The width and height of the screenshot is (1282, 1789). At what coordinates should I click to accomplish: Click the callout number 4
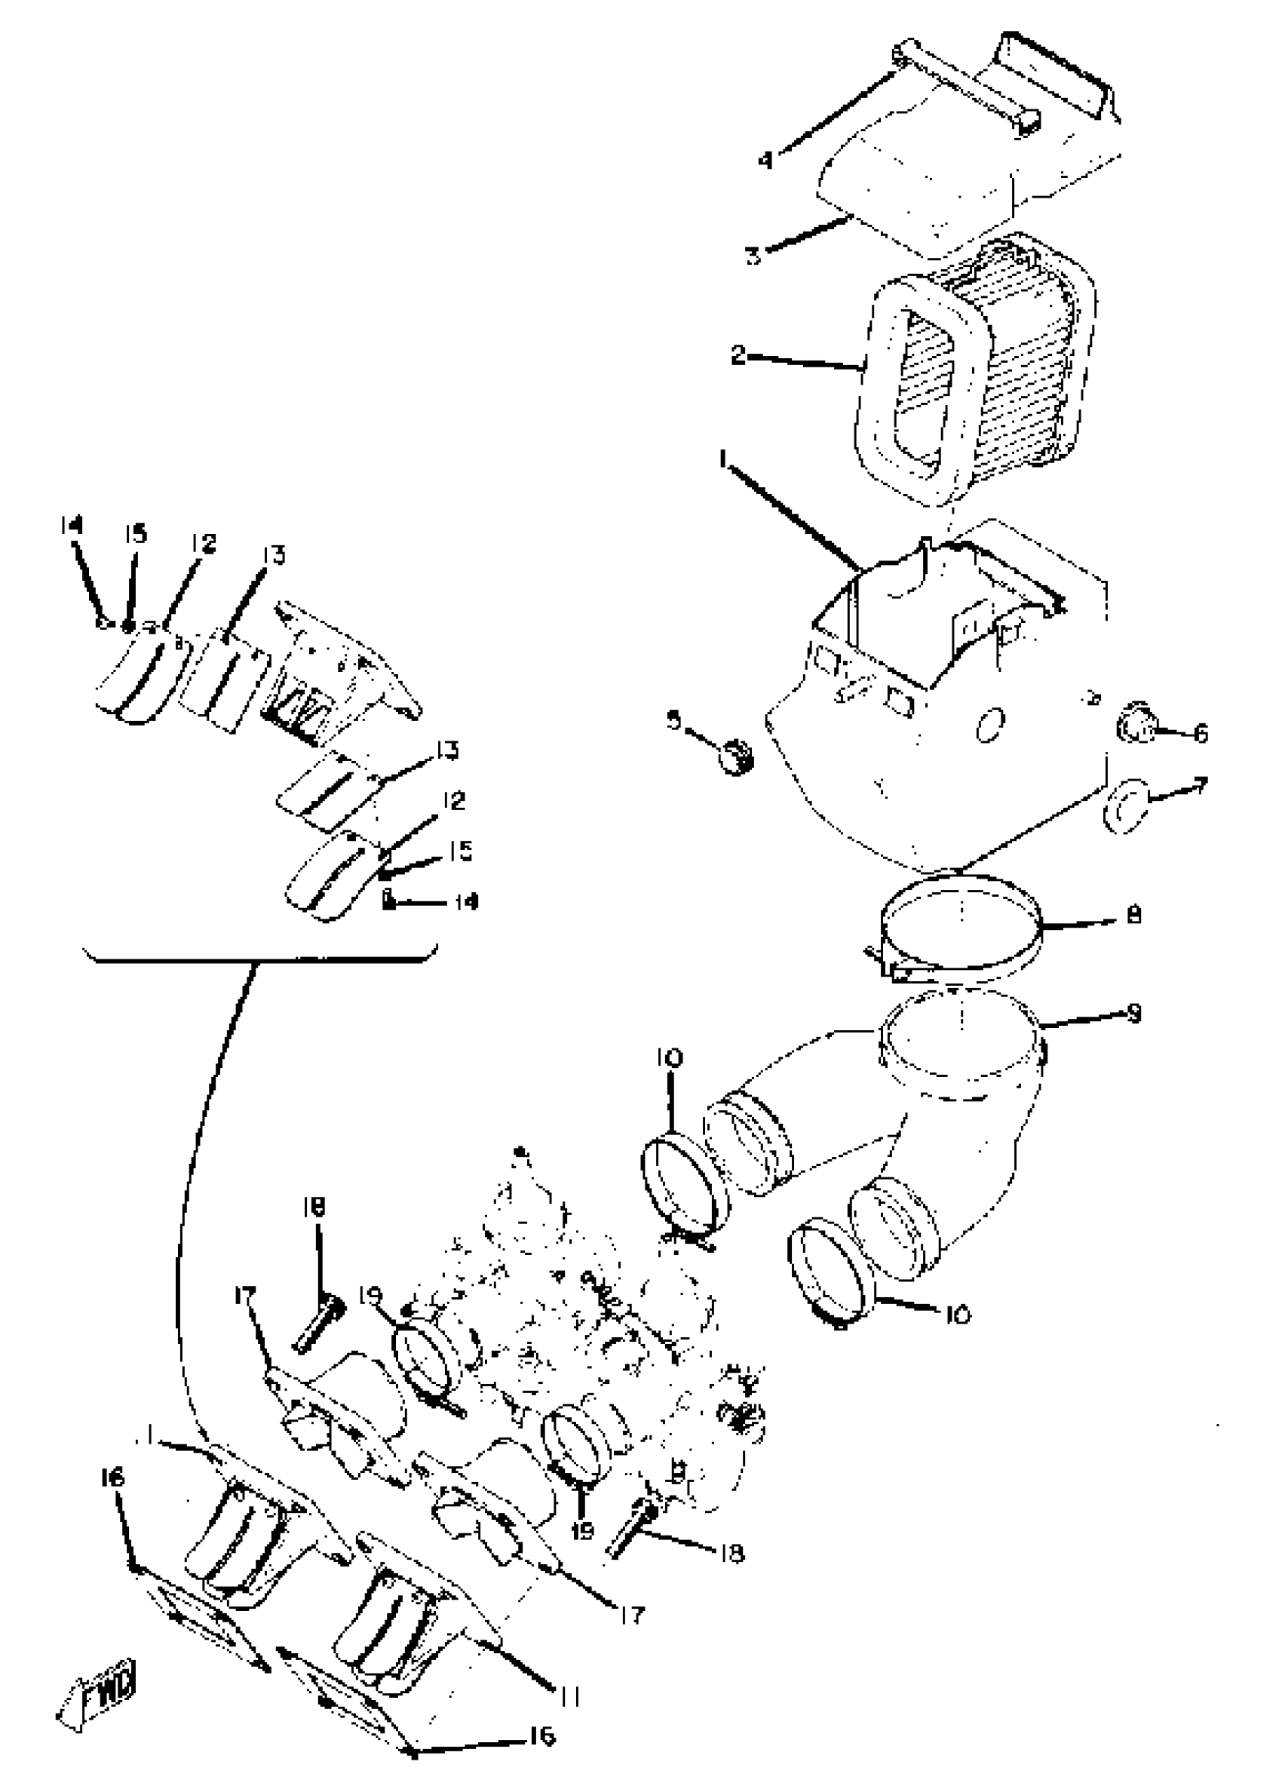(765, 160)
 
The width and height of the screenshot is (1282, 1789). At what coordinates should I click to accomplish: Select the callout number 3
(753, 255)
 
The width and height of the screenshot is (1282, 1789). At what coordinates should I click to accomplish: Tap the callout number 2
(738, 355)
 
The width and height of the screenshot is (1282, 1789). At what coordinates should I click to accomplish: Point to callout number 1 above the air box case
(722, 458)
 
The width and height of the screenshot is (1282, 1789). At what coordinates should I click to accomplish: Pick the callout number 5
(673, 720)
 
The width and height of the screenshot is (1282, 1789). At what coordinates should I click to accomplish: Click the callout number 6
(1200, 734)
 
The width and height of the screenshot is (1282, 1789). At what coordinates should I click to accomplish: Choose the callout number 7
(1200, 786)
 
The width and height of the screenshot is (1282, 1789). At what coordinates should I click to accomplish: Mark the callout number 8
(1133, 915)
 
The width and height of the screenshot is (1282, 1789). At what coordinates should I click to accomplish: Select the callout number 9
(1133, 1014)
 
